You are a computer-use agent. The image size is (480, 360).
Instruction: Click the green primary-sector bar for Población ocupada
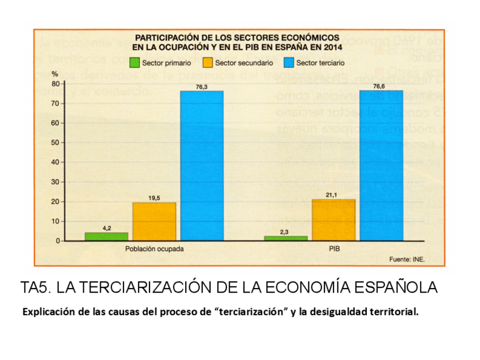click(x=106, y=237)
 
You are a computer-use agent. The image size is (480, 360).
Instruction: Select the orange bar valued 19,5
click(x=154, y=221)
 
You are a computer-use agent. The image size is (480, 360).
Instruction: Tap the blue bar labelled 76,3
click(x=202, y=165)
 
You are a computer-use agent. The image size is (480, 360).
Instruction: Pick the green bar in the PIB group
click(x=285, y=238)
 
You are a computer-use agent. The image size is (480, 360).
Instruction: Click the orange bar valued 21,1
click(x=333, y=220)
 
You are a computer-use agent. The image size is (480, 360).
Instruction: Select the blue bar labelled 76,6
click(x=380, y=165)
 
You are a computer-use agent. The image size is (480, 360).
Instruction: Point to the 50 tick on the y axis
click(x=55, y=143)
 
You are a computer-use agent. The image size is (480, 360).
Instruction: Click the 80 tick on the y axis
click(x=55, y=84)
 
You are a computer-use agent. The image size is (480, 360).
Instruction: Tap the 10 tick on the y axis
click(x=55, y=221)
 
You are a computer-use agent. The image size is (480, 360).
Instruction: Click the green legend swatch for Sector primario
click(x=135, y=63)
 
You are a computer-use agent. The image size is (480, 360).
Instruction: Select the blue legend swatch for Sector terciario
click(x=289, y=63)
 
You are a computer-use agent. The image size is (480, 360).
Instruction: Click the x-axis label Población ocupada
click(x=154, y=249)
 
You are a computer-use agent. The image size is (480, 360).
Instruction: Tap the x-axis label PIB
click(x=333, y=249)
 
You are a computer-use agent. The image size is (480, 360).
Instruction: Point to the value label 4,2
click(x=106, y=228)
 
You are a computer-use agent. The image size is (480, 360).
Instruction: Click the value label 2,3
click(x=285, y=232)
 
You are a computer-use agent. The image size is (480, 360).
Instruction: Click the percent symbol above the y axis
click(x=55, y=74)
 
